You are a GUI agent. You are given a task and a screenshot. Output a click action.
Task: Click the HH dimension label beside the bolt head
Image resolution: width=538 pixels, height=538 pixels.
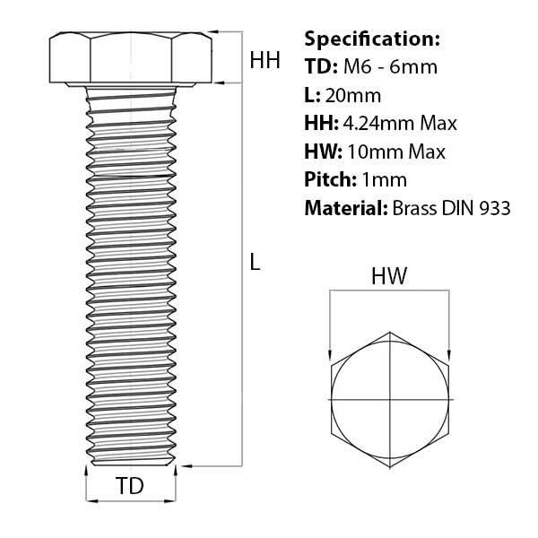pos(265,61)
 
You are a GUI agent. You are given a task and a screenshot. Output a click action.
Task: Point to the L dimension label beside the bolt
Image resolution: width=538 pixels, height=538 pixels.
pos(255,263)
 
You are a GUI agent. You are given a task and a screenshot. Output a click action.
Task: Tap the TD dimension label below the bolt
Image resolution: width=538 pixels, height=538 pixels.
pos(131,486)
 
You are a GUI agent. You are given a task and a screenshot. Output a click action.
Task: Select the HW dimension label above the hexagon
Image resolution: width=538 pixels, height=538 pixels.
pos(389,277)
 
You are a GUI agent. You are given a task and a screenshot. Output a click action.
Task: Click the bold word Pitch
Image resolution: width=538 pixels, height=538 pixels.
pos(329,180)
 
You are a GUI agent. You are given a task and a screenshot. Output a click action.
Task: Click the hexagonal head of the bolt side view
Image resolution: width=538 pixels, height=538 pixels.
pos(131,58)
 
